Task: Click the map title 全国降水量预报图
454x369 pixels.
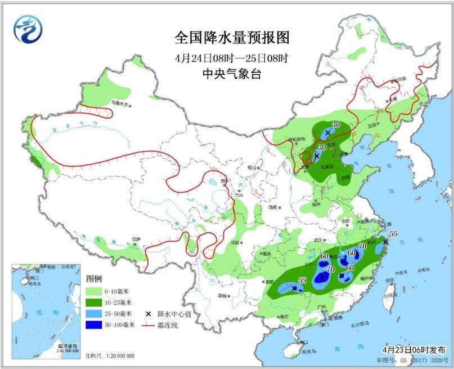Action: tap(231, 38)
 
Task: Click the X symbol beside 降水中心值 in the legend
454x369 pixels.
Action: tap(148, 313)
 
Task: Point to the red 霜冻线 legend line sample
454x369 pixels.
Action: tap(148, 325)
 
